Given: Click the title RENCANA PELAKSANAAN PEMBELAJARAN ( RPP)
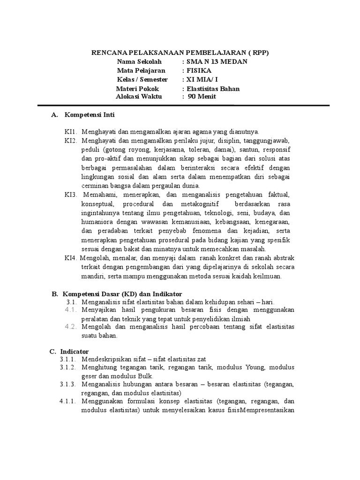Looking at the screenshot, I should coord(180,53).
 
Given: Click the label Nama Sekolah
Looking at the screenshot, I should coord(139,62).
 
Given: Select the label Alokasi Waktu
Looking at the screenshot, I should coord(138,97).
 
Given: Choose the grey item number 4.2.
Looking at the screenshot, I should coord(71,327).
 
